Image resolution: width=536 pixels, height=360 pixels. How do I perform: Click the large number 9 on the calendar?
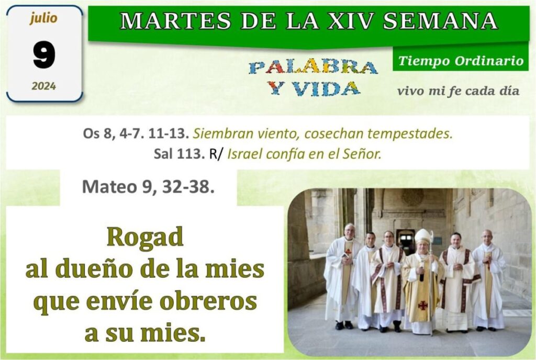(44, 54)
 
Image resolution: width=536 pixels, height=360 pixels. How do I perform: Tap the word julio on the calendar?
(43, 18)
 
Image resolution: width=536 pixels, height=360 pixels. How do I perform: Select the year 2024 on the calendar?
(44, 86)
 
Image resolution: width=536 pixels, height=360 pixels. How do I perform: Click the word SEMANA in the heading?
(440, 20)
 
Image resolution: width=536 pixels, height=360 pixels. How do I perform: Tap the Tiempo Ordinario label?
(461, 61)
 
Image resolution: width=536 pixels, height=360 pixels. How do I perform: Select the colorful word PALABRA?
(313, 67)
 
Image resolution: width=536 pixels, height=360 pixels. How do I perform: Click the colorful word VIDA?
(326, 89)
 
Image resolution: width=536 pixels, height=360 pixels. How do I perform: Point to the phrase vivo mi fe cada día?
(458, 91)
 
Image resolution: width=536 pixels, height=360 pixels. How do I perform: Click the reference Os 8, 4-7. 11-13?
(136, 133)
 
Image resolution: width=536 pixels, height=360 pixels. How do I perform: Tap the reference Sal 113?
(179, 154)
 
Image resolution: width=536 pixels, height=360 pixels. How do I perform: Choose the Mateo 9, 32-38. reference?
(148, 187)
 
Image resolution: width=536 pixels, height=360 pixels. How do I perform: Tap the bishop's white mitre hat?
(423, 235)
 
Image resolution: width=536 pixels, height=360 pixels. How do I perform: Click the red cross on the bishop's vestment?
(423, 305)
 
